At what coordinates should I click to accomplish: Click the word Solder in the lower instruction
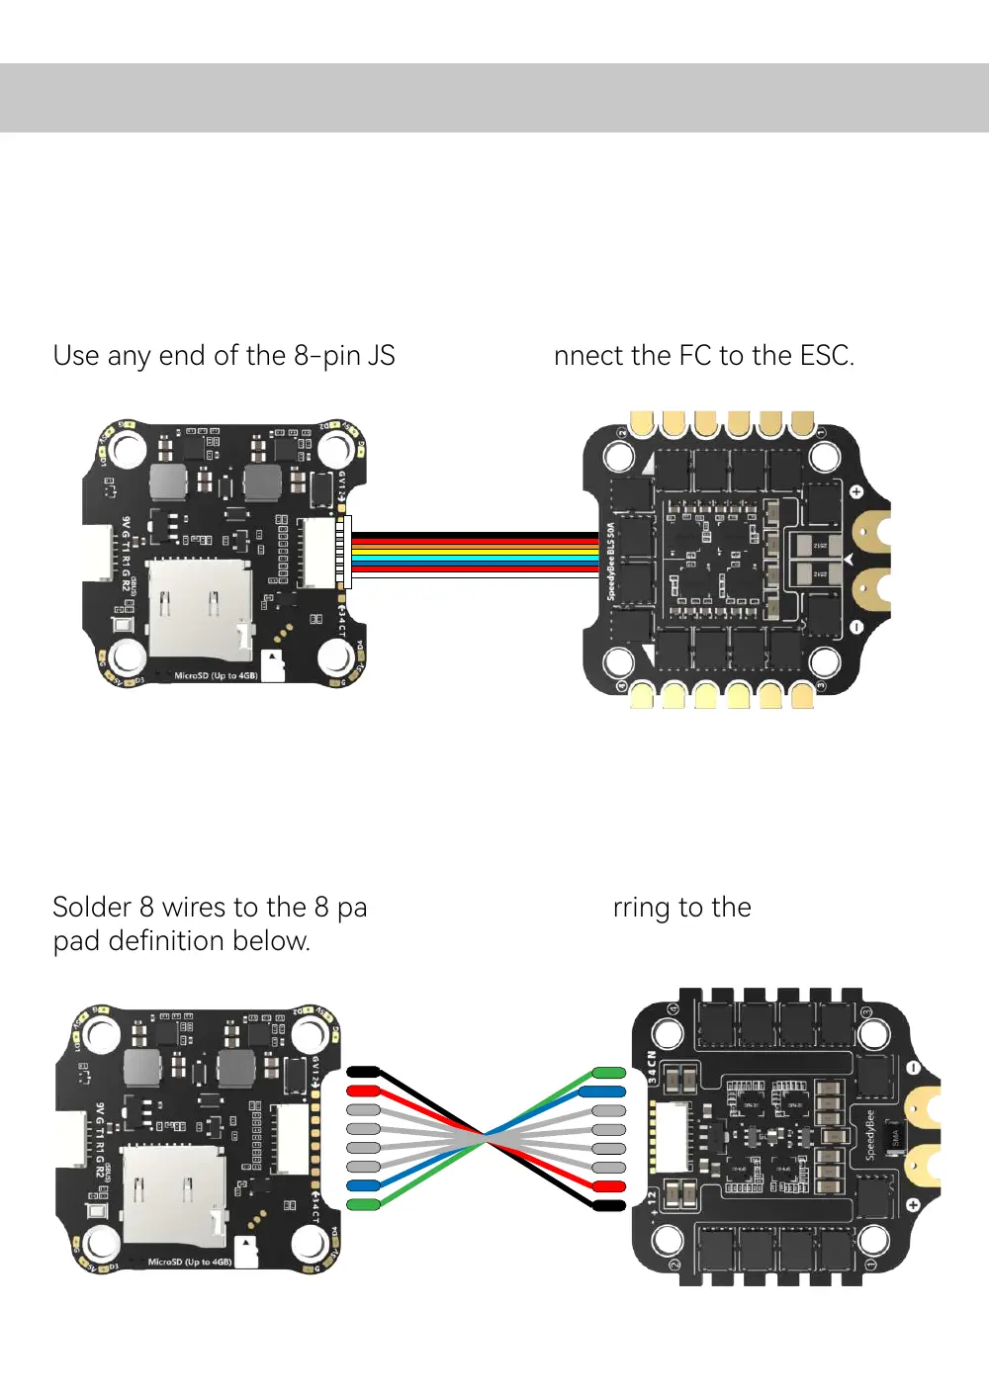click(x=92, y=908)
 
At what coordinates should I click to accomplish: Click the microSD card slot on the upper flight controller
click(x=199, y=608)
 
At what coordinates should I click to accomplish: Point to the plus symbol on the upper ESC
click(x=856, y=491)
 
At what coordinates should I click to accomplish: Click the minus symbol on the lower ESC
click(x=913, y=1069)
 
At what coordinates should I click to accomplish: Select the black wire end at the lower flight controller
click(x=364, y=1072)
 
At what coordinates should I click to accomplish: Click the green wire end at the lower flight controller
click(x=364, y=1204)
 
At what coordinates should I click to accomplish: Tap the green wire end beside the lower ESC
click(x=609, y=1073)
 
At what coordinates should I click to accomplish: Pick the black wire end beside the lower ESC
click(x=609, y=1204)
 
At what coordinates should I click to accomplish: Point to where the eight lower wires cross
click(x=486, y=1138)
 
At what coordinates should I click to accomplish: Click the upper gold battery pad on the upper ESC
click(x=870, y=531)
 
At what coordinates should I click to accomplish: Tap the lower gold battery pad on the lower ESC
click(x=922, y=1166)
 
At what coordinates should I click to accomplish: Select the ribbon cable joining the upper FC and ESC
click(x=475, y=554)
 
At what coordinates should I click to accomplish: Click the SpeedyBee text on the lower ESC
click(x=870, y=1135)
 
